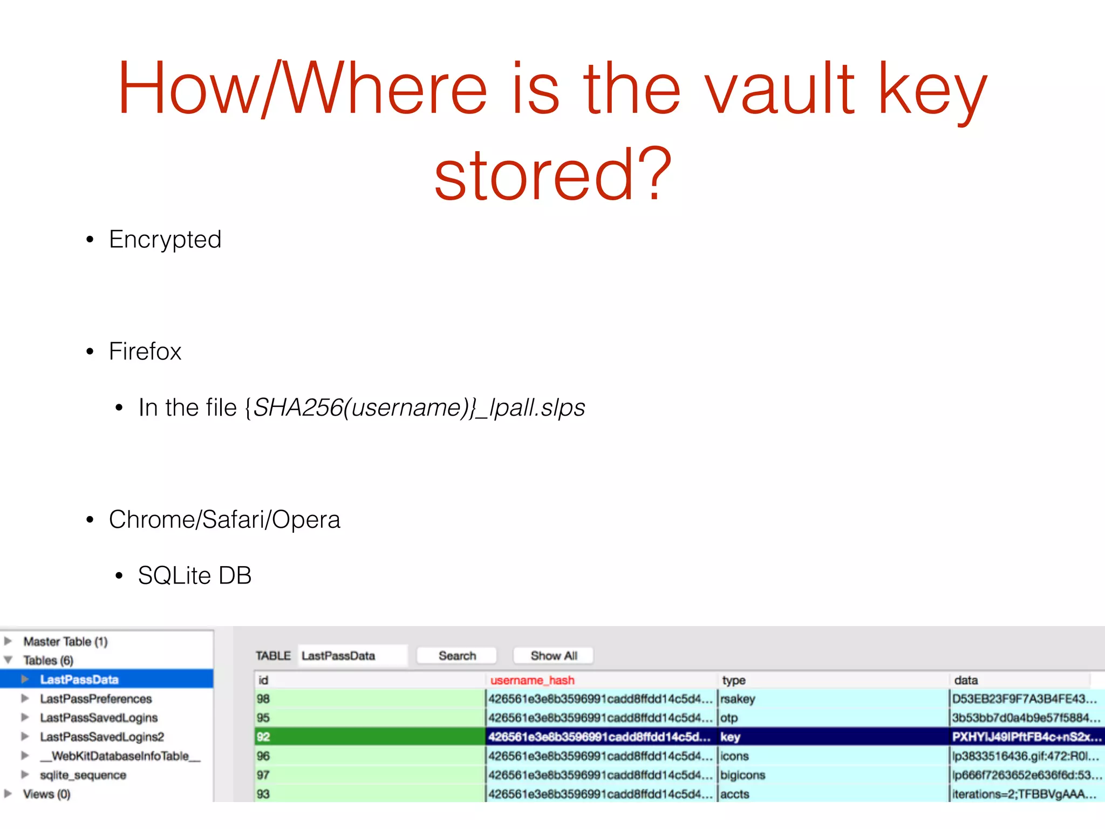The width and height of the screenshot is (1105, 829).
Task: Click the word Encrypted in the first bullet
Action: point(165,240)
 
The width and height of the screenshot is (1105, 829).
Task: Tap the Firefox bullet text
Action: point(145,351)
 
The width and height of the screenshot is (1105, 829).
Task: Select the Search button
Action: point(457,656)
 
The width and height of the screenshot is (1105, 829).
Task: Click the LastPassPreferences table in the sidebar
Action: point(96,699)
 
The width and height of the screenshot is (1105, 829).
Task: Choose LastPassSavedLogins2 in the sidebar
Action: point(102,737)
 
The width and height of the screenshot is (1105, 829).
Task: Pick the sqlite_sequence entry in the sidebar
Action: point(83,775)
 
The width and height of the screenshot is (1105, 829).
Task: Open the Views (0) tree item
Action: point(46,794)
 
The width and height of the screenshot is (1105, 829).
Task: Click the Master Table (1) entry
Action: point(65,642)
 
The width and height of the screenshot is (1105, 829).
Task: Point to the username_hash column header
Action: point(532,680)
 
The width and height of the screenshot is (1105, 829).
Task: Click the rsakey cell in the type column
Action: point(738,699)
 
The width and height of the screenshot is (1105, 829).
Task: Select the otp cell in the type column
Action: point(729,718)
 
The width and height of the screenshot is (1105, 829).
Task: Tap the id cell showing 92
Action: point(263,737)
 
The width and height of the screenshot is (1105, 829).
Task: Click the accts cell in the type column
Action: point(735,794)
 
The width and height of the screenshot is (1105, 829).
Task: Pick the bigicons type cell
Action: point(742,775)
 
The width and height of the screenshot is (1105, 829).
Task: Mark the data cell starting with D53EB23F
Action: point(1024,699)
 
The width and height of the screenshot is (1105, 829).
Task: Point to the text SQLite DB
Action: point(195,575)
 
